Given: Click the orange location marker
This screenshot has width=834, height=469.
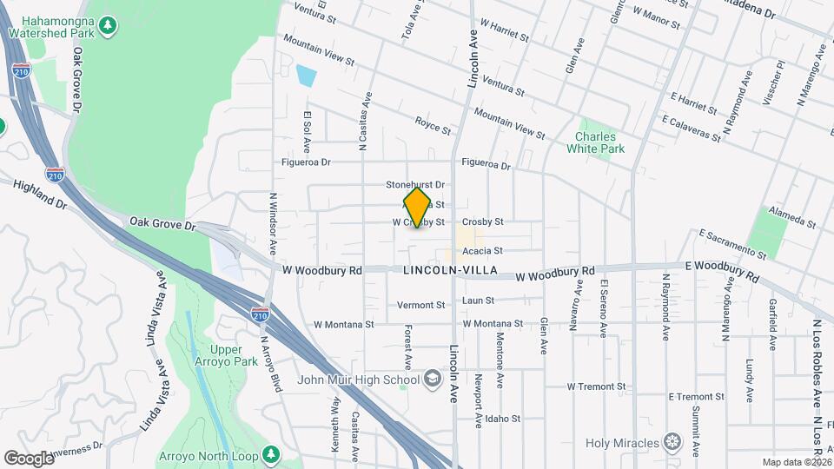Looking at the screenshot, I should (418, 208).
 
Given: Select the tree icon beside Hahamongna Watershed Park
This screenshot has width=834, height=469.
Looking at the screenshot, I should (108, 25).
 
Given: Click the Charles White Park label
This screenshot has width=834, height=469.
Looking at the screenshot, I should (596, 142).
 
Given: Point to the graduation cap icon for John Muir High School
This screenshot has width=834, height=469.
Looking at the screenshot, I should (433, 379).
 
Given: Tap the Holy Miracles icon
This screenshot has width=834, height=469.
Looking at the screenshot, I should (672, 442).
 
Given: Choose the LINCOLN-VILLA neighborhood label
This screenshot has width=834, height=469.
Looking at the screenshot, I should (450, 271).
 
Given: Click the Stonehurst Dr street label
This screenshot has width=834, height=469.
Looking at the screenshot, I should (415, 185).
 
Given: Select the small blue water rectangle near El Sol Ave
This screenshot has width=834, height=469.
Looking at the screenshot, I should (306, 76).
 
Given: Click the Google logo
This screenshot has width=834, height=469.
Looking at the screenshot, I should (29, 458).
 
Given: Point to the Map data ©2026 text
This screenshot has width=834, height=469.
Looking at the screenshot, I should (796, 462).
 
